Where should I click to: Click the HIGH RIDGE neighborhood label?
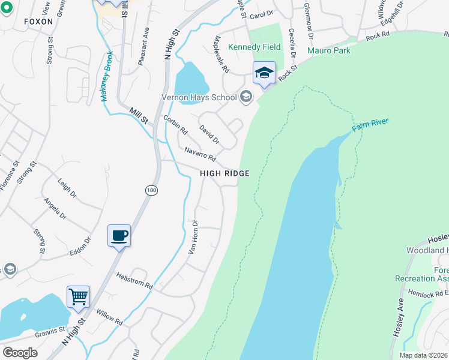pyautogui.click(x=224, y=173)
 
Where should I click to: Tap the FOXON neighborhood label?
pyautogui.click(x=38, y=22)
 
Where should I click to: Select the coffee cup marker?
pyautogui.click(x=119, y=235)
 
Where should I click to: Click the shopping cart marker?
pyautogui.click(x=78, y=296)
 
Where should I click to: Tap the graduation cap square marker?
pyautogui.click(x=264, y=73)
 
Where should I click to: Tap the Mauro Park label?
pyautogui.click(x=328, y=51)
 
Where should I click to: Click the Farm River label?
pyautogui.click(x=370, y=125)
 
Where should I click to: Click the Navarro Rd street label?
pyautogui.click(x=200, y=154)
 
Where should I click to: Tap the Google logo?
pyautogui.click(x=20, y=353)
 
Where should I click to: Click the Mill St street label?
pyautogui.click(x=139, y=116)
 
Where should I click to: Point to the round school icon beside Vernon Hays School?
pyautogui.click(x=246, y=97)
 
